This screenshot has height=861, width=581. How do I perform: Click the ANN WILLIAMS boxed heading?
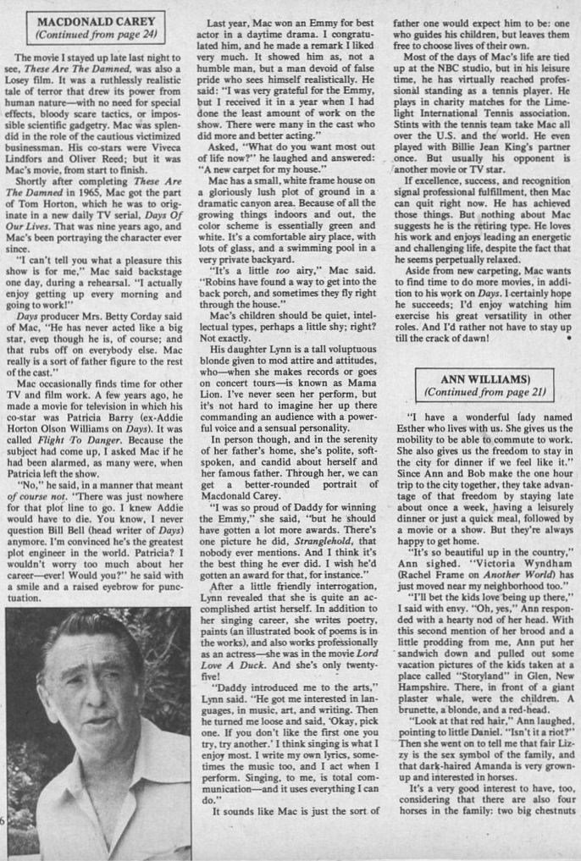point(485,378)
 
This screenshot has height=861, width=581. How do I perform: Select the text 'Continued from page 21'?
point(485,393)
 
